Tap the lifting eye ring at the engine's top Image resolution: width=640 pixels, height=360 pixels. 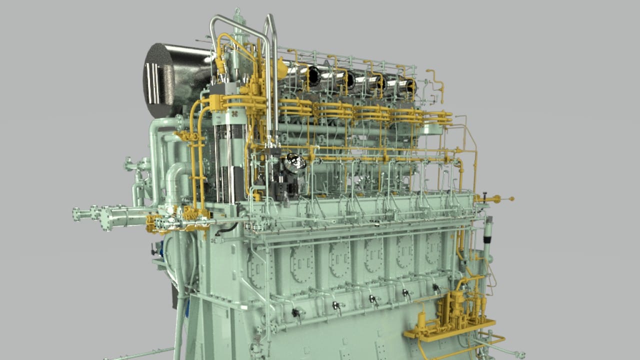237,10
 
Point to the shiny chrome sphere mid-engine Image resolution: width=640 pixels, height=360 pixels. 295,161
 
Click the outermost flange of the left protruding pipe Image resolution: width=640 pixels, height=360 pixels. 76,214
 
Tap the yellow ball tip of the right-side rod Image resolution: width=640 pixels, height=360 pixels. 511,199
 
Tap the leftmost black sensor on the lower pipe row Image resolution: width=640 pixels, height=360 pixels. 295,312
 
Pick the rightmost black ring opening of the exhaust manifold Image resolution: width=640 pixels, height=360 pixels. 410,86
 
